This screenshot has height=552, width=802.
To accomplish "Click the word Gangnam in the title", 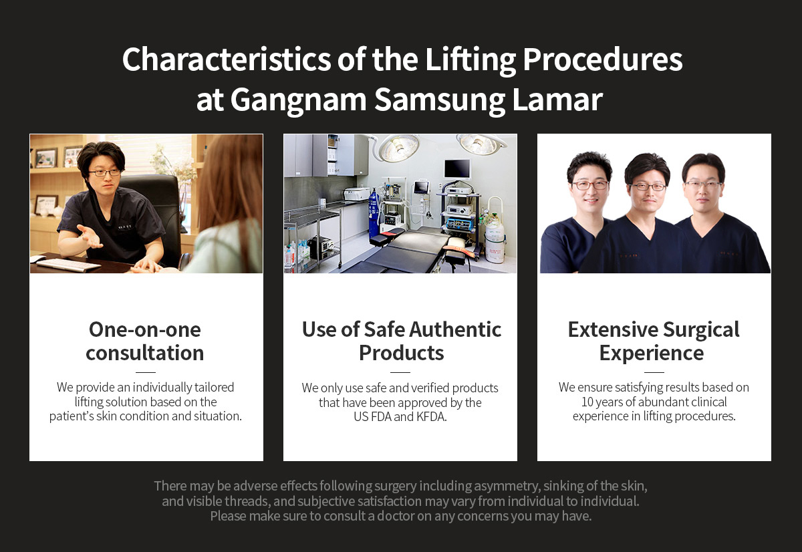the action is click(x=298, y=101).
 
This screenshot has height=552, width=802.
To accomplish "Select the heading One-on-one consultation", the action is click(x=145, y=341).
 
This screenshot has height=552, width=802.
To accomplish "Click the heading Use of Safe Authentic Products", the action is click(x=402, y=341).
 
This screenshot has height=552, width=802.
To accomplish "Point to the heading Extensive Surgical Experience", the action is click(x=654, y=341).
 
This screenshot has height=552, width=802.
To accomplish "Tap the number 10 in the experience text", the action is click(x=587, y=402).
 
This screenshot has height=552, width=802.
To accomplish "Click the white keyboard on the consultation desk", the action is click(x=68, y=265).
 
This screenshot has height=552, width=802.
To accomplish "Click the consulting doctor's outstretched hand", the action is click(x=90, y=236).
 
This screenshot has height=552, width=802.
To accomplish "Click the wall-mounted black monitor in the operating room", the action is click(x=457, y=168).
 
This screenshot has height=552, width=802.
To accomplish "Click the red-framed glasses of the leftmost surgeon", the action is click(x=589, y=185).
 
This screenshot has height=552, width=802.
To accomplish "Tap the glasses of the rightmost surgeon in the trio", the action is click(x=703, y=185).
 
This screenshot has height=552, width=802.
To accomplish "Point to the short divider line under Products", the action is click(x=400, y=372).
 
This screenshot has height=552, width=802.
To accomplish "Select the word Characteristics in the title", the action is click(x=227, y=59).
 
